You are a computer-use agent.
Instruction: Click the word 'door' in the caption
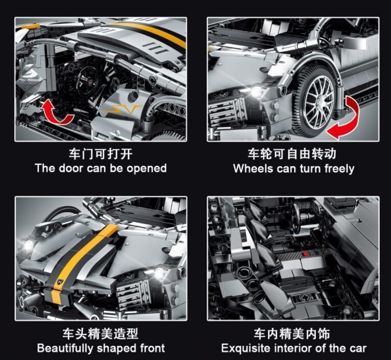pos(71,168)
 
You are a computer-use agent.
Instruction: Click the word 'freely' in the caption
pos(339,169)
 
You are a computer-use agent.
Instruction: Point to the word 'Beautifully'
pos(64,348)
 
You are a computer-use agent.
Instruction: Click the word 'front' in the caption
pos(152,348)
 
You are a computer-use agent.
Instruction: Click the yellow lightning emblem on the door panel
pos(122,109)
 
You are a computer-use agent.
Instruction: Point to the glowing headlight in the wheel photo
pos(256,92)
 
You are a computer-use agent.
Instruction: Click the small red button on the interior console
pos(306,254)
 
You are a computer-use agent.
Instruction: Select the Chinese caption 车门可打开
pos(101,154)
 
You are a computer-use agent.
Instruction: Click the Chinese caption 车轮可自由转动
pos(292,154)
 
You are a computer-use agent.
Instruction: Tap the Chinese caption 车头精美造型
pos(100,333)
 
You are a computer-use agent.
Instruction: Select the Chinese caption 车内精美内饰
pos(292,333)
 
